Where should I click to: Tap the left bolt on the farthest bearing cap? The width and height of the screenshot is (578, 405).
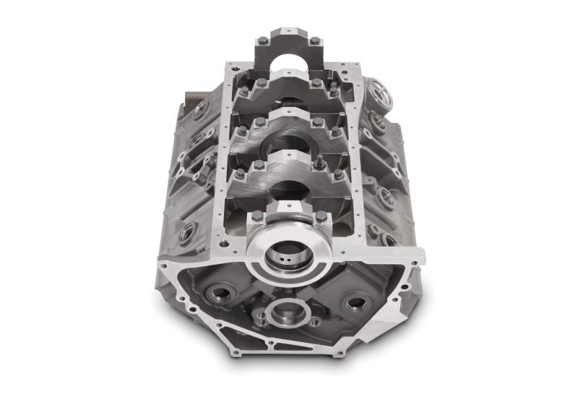(262, 40)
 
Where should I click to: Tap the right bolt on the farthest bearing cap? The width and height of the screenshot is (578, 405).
(315, 40)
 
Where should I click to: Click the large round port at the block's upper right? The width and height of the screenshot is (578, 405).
(379, 94)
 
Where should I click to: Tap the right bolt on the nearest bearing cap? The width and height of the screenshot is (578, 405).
(321, 216)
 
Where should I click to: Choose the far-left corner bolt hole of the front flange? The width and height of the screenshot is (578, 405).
(165, 266)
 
